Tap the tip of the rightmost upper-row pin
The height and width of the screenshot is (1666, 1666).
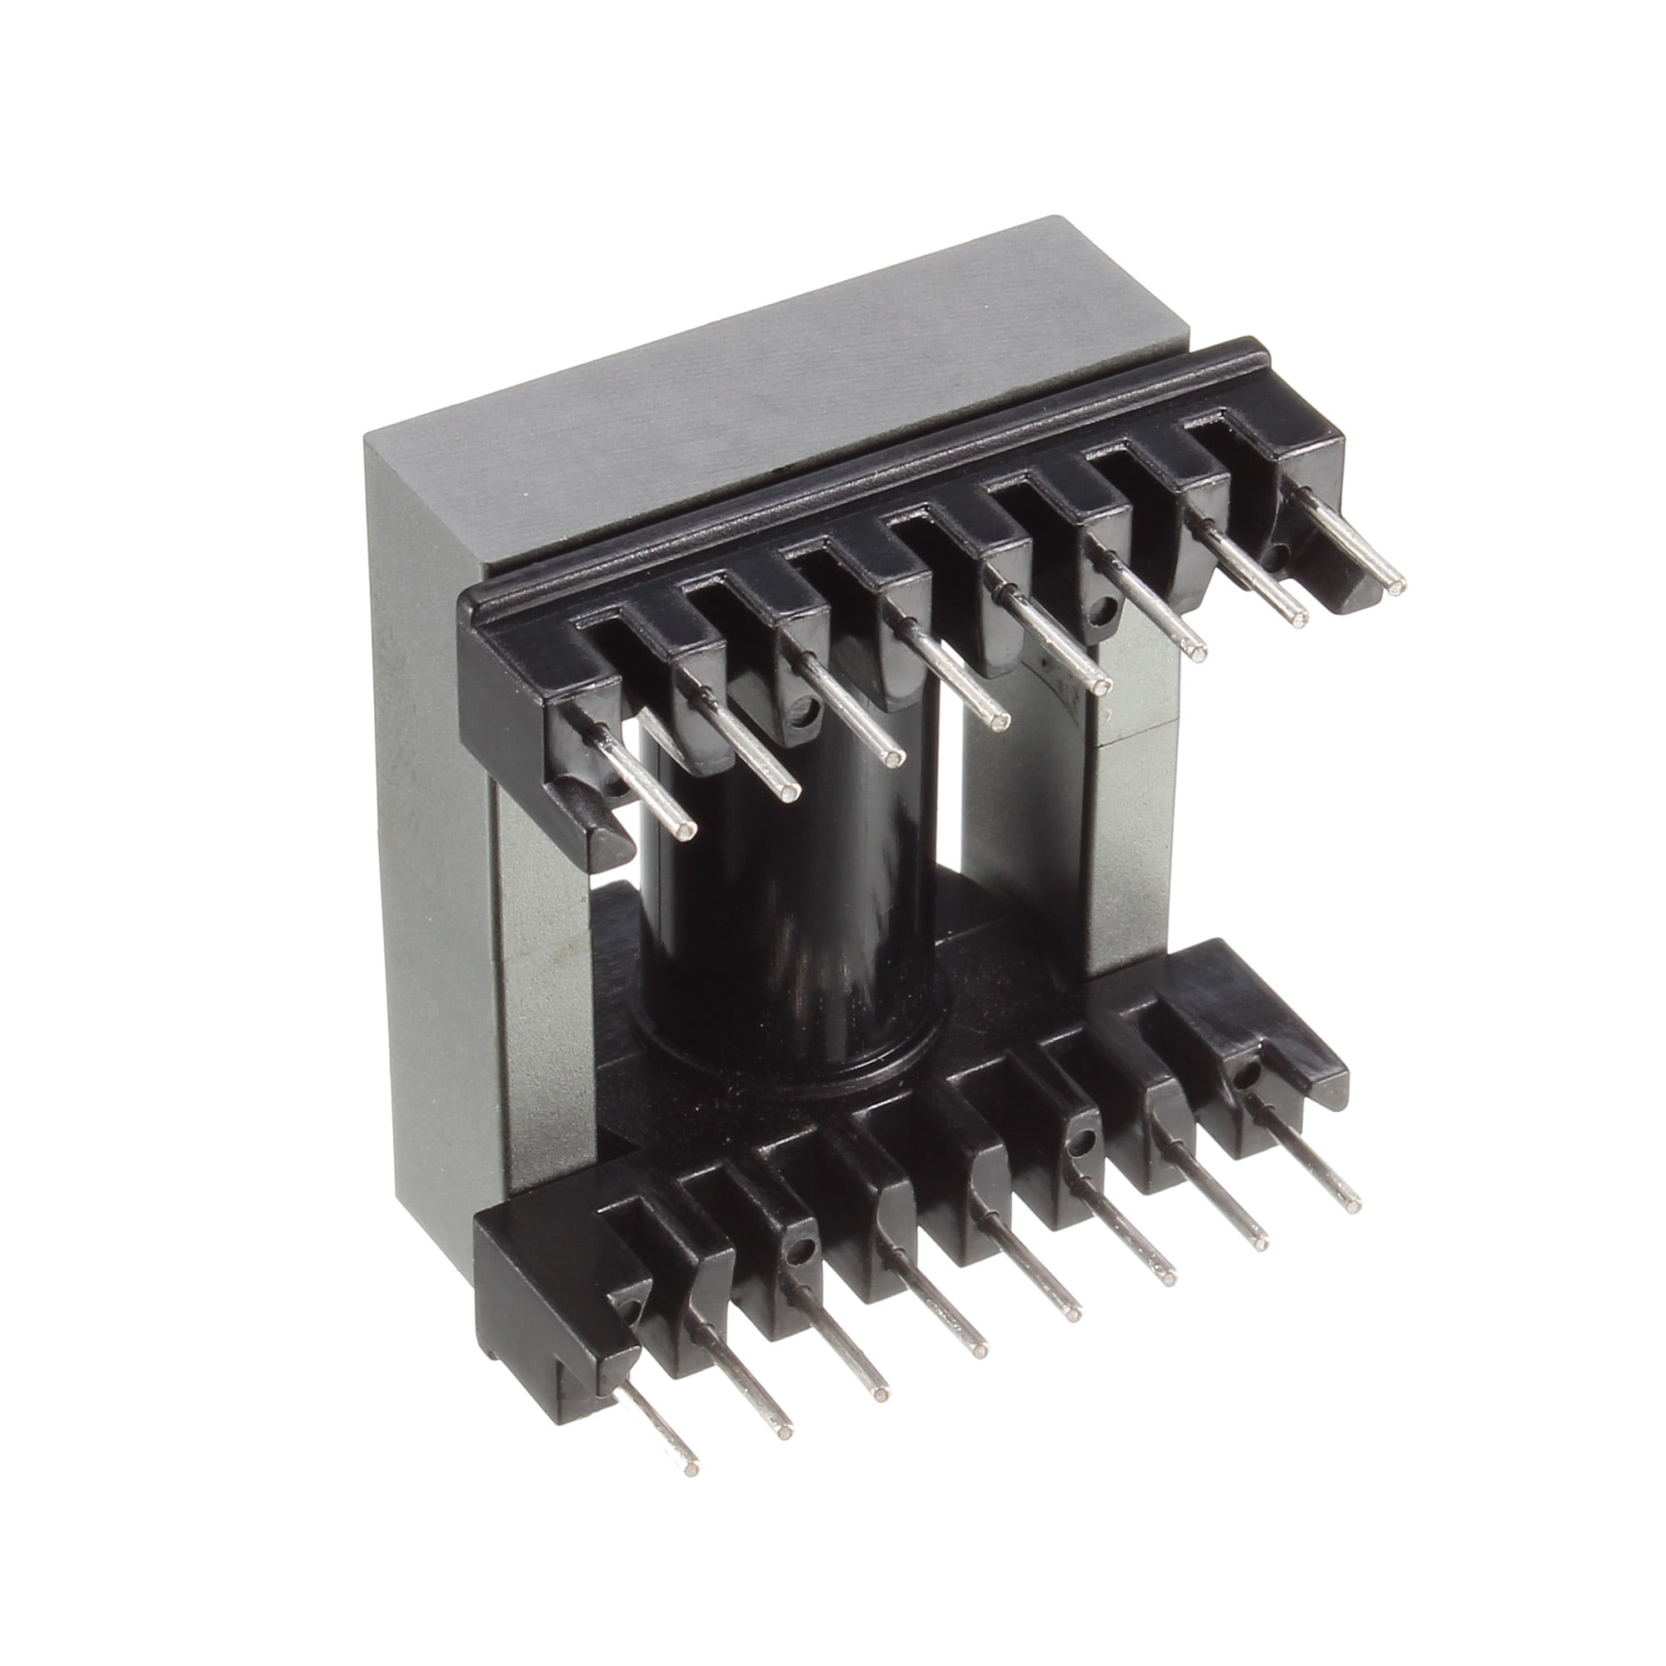(x=1394, y=586)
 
